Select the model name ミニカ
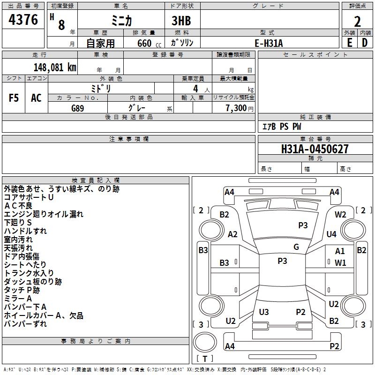pos(121,20)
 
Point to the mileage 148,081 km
pos(55,67)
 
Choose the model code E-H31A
pos(270,43)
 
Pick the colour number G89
pos(78,107)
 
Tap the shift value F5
pos(14,98)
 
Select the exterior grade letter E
pos(349,43)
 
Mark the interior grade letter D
pos(365,43)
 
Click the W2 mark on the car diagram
pos(340,215)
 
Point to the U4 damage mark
pos(331,234)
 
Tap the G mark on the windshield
pos(296,247)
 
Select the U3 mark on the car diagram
pos(264,312)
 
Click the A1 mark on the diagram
pos(340,251)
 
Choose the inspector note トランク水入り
pos(29,273)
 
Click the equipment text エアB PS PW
pos(281,127)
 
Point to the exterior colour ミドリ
pos(101,88)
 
